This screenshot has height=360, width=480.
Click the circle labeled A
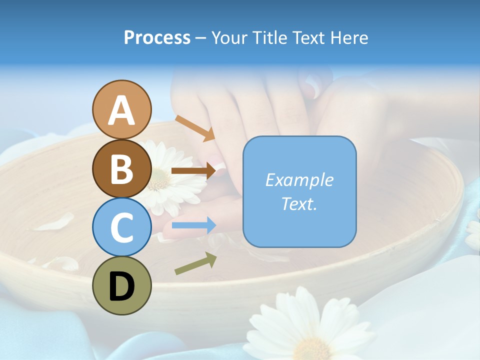click(x=121, y=109)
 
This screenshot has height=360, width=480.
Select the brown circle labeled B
click(x=121, y=168)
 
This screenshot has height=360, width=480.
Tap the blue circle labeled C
click(x=121, y=227)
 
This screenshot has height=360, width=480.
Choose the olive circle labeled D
click(x=121, y=285)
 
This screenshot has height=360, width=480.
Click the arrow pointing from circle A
click(x=195, y=128)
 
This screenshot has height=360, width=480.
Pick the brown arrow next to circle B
click(x=193, y=170)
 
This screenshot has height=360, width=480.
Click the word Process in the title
click(x=157, y=37)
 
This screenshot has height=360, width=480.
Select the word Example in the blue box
click(x=299, y=180)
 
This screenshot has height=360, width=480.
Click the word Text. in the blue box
click(x=299, y=204)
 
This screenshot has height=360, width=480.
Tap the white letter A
click(x=121, y=110)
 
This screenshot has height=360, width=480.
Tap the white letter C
click(x=121, y=227)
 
